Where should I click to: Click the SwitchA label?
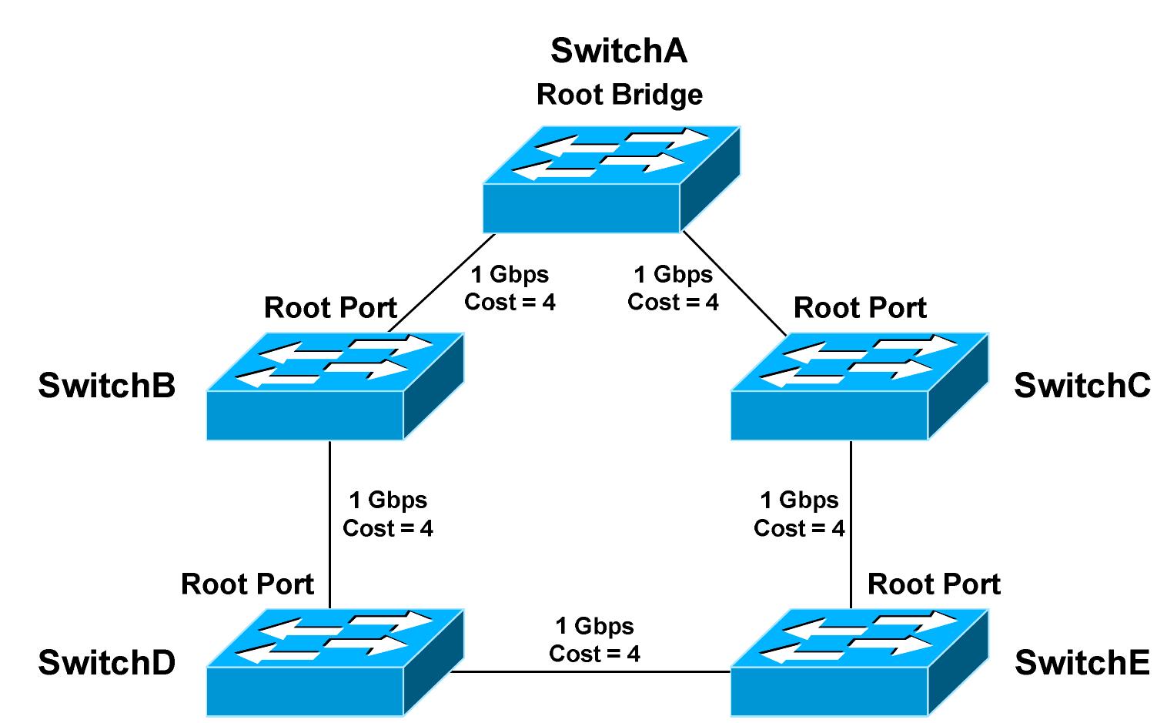[x=619, y=51]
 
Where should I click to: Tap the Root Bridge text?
[x=619, y=95]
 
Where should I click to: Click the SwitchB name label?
[x=106, y=385]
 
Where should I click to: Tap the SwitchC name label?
[x=1082, y=385]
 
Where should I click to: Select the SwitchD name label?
[x=106, y=662]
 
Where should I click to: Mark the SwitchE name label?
[x=1082, y=662]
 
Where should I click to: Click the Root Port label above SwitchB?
[x=330, y=308]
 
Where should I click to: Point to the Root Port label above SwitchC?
[x=860, y=308]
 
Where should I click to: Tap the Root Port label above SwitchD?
[x=247, y=584]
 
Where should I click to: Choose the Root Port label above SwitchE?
[x=934, y=584]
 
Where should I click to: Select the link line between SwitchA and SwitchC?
[x=735, y=284]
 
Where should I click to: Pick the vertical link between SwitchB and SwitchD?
[x=329, y=524]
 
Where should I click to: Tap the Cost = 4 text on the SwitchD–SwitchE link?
[x=594, y=654]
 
